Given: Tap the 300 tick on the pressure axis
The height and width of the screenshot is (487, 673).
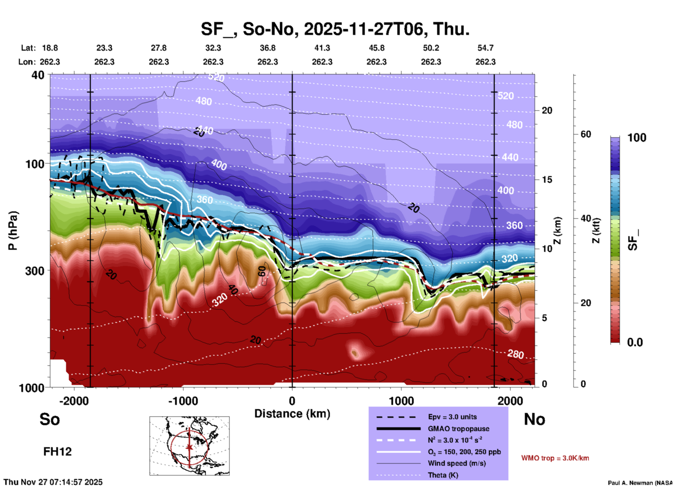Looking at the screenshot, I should [35, 271].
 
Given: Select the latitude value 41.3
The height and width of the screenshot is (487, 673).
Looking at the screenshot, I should [322, 48].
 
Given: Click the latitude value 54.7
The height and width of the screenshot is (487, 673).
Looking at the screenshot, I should [485, 48].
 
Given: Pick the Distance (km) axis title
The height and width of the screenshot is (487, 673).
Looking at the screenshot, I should [292, 414].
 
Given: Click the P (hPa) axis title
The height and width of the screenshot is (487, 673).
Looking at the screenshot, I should [13, 231].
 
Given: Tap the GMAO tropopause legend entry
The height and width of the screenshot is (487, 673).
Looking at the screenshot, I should [458, 429].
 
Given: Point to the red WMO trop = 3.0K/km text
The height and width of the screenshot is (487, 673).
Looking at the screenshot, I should [555, 458].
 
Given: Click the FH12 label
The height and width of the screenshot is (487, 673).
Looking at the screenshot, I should [57, 452].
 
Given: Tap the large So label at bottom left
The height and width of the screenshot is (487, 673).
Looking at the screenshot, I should [50, 419].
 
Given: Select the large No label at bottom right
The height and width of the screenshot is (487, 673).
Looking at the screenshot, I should [534, 419].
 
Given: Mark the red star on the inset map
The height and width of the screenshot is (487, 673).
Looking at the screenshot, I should [189, 447].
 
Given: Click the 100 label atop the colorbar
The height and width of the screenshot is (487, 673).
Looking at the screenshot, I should [637, 138].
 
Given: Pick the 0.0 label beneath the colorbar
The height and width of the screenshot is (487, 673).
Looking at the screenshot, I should [635, 342].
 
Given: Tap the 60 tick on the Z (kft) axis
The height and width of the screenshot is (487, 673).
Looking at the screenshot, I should [586, 134].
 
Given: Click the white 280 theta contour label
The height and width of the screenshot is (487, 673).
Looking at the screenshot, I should [515, 354].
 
